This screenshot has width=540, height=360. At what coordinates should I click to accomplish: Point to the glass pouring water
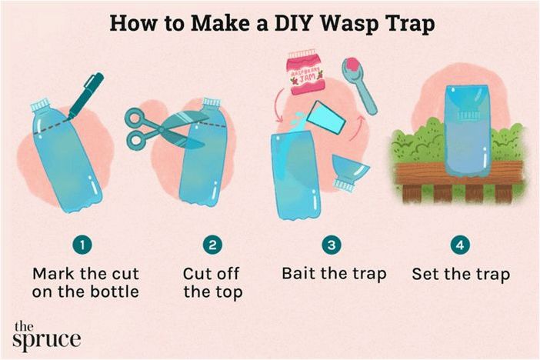tap(325, 118)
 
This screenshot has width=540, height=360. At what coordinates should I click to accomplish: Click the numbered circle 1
tap(82, 245)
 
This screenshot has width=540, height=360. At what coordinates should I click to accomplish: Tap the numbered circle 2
tap(212, 245)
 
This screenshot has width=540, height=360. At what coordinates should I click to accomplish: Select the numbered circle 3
tap(332, 245)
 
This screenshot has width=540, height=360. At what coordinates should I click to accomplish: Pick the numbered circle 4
tap(460, 245)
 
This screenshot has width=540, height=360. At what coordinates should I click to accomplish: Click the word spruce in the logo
tap(46, 340)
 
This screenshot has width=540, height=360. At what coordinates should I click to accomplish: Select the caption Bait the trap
tap(334, 274)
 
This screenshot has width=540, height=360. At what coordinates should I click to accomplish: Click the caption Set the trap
tap(461, 275)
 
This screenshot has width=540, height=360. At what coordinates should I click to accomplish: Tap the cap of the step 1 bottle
tap(41, 105)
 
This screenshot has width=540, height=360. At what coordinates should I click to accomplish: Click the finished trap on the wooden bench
tap(468, 131)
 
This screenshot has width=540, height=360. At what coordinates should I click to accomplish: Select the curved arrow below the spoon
tap(357, 128)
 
